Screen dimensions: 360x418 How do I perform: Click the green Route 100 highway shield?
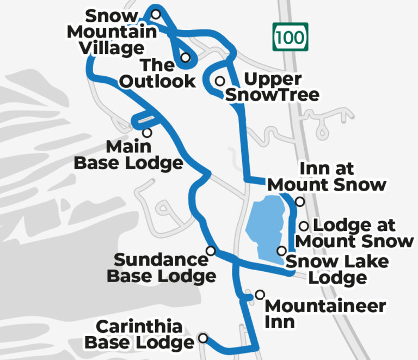pos(290,36)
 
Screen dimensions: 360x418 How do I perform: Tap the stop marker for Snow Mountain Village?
pos(156,14)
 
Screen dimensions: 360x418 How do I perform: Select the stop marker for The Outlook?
pos(186,57)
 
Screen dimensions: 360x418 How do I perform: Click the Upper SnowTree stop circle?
pos(220,81)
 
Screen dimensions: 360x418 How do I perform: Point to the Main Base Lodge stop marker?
pos(146,132)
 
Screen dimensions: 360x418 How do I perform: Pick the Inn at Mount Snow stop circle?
pos(299,202)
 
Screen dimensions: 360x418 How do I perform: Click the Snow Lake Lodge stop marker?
pos(281,251)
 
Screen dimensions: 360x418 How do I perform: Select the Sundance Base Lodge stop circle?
pos(211,251)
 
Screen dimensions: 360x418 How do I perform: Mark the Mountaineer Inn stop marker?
pos(260,294)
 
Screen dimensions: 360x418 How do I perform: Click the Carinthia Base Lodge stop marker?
pos(203,338)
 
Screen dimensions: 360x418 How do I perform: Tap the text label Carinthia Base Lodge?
pos(139,334)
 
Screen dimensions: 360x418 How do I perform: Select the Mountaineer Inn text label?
pos(324,313)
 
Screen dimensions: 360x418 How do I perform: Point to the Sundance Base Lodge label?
pos(161,267)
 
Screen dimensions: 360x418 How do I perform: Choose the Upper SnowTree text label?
pos(272,87)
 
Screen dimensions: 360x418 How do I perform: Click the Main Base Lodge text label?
pos(128,155)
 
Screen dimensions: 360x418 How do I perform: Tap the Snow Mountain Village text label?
pos(113,32)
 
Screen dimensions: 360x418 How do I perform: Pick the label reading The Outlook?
pos(158,73)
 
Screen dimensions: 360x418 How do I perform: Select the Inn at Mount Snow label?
pos(327,176)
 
